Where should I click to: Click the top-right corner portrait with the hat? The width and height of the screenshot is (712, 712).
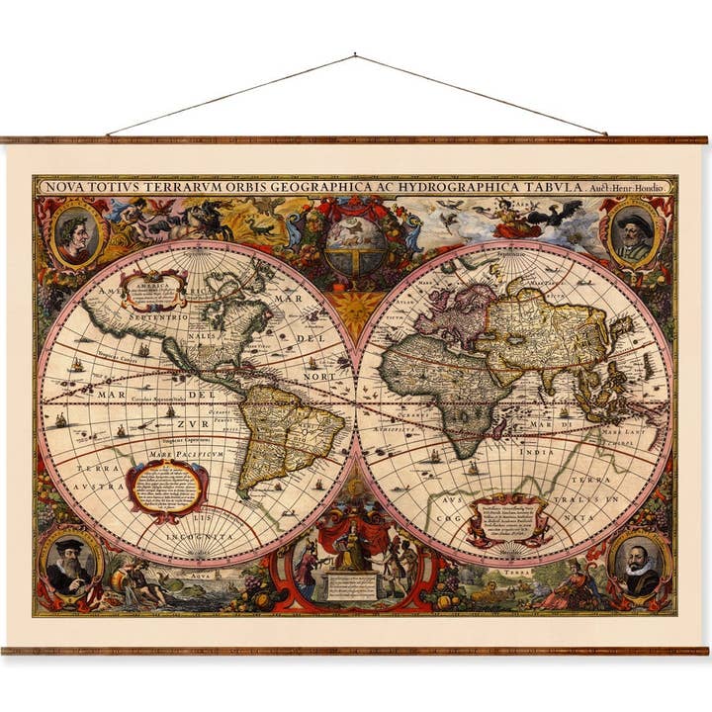635,234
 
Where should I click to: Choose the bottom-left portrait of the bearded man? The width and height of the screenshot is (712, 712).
69,566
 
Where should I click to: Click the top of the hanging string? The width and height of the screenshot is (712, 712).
354,56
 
